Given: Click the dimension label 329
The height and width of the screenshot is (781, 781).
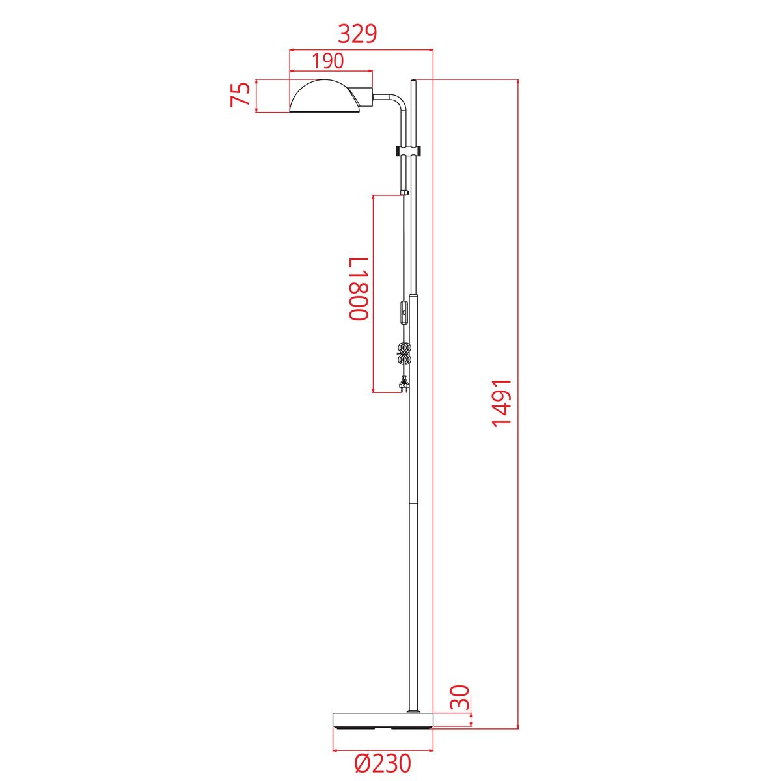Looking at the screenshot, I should (x=357, y=34).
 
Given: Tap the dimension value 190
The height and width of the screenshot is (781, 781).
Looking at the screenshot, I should (x=327, y=61).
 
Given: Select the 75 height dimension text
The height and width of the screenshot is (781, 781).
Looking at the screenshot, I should (x=241, y=96).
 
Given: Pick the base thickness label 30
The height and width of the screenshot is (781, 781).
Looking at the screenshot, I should (x=459, y=696).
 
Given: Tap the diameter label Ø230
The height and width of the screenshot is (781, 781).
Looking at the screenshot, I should (x=383, y=763).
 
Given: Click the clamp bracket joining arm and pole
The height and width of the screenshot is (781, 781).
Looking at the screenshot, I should (x=409, y=152).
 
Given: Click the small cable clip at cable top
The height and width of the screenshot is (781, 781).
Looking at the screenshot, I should (x=405, y=193).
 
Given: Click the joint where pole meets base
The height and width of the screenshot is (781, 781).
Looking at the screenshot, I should (x=413, y=711).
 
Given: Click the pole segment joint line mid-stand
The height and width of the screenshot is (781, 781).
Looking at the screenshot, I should (x=413, y=502).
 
